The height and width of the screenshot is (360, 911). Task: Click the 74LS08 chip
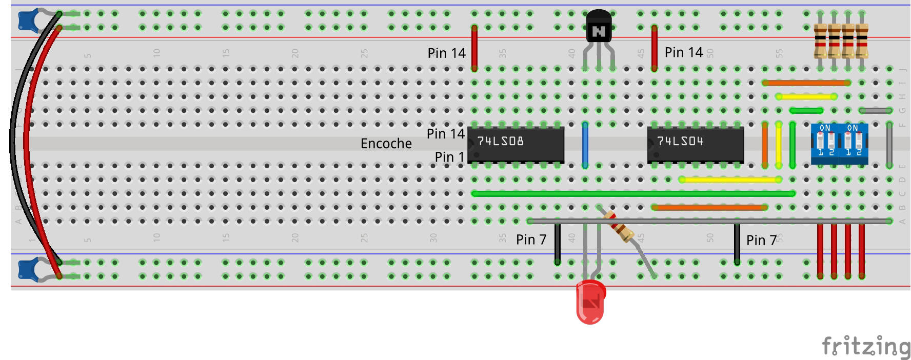point(516,145)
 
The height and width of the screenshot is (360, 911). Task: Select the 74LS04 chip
point(695,145)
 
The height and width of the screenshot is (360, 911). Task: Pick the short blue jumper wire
point(585,145)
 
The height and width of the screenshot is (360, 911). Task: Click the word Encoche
point(386,144)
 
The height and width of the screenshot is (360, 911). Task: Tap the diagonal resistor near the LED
point(619,226)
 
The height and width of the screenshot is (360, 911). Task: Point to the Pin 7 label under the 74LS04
point(761,240)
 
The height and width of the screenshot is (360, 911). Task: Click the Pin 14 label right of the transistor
point(683,52)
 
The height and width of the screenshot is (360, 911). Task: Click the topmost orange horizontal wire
point(806,83)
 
